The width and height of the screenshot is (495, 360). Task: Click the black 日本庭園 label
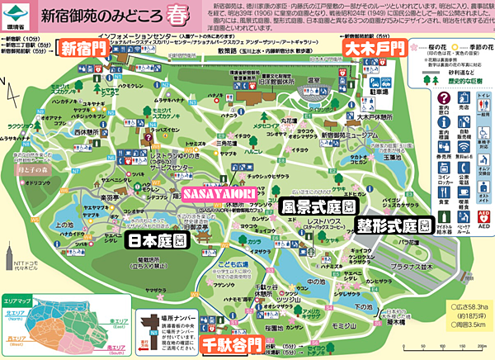click(x=158, y=239)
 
